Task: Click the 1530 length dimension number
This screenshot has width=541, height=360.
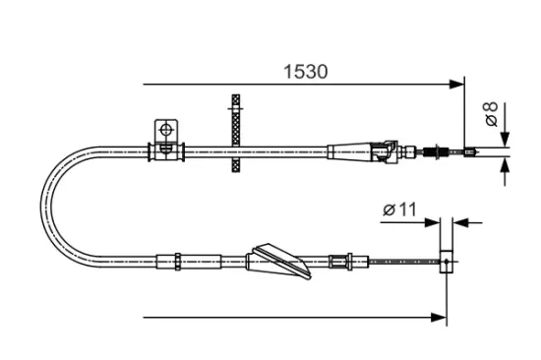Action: (x=305, y=72)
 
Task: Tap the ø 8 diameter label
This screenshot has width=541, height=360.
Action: (x=491, y=113)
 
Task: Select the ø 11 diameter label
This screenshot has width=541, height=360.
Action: (x=400, y=210)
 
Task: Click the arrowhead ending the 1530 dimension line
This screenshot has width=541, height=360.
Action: (x=456, y=84)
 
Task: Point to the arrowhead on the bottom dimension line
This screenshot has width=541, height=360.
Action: (x=439, y=317)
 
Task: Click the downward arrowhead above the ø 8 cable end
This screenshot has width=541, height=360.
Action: (x=505, y=139)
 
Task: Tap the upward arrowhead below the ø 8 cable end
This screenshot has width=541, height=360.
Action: (x=505, y=165)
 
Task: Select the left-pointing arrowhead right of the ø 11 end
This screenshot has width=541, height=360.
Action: (x=460, y=222)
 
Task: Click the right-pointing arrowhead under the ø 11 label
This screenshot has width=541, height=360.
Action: (x=433, y=222)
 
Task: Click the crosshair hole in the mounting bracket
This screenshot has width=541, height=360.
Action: (x=166, y=130)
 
